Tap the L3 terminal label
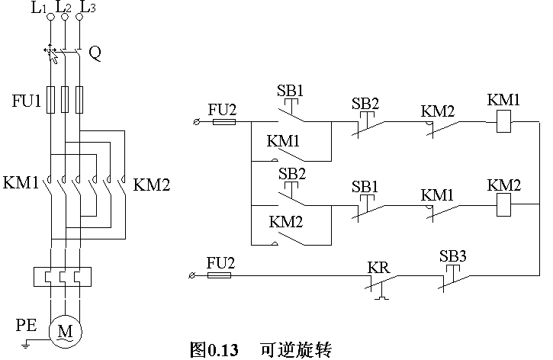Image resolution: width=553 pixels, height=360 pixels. pos(88,8)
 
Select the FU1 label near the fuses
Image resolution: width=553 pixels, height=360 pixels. pos(25,101)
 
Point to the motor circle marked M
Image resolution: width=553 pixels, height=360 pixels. pos(65,330)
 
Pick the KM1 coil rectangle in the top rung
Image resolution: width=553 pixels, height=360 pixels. pos(503,121)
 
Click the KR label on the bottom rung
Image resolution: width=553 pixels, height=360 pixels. pos(378,268)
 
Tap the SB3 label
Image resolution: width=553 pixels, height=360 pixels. pos(453,256)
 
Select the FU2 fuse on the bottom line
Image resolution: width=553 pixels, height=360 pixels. pos(220,274)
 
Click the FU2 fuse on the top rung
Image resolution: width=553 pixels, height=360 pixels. pos(222,121)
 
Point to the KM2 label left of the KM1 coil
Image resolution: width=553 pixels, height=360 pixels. pos(438,111)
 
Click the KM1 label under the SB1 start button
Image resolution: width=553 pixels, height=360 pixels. pos(284,141)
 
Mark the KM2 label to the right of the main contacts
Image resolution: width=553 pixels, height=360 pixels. pos(151,184)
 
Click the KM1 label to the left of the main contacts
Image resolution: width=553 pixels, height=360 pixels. pos(21,184)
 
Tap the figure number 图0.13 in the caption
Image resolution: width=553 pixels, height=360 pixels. pos(214,350)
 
